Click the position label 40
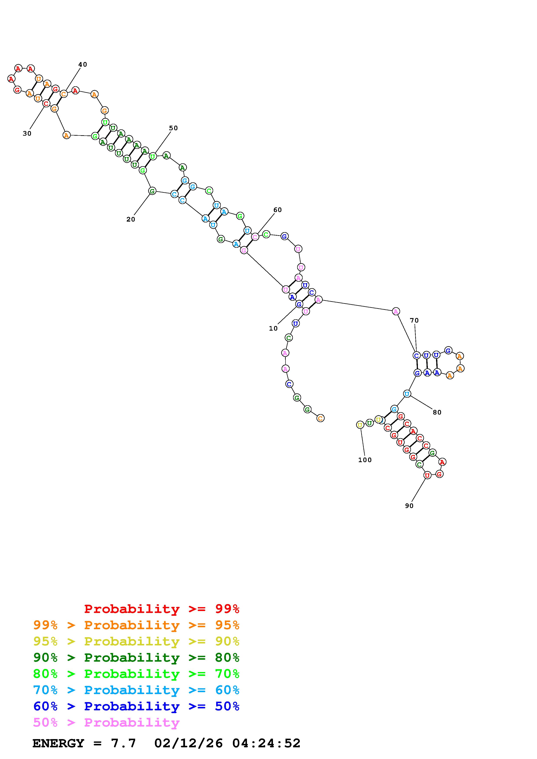pos(83,64)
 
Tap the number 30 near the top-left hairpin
pos(27,133)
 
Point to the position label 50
pos(173,128)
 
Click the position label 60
pos(278,210)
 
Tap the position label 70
pos(414,320)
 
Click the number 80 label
pos(437,412)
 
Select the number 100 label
pos(365,460)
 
